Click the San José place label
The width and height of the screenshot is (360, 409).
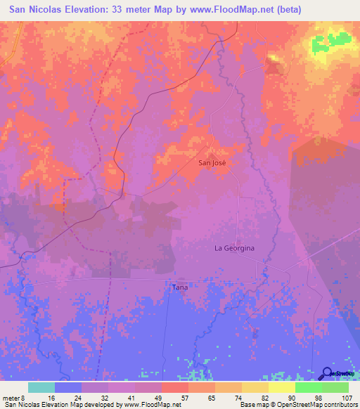tap(214, 162)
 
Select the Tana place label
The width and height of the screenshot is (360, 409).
tap(180, 287)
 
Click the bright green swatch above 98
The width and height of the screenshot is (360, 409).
tap(308, 387)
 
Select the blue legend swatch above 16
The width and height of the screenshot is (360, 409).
tap(68, 387)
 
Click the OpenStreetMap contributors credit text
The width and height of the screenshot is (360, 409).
tap(321, 405)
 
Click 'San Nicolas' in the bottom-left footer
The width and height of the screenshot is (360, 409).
tap(20, 405)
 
